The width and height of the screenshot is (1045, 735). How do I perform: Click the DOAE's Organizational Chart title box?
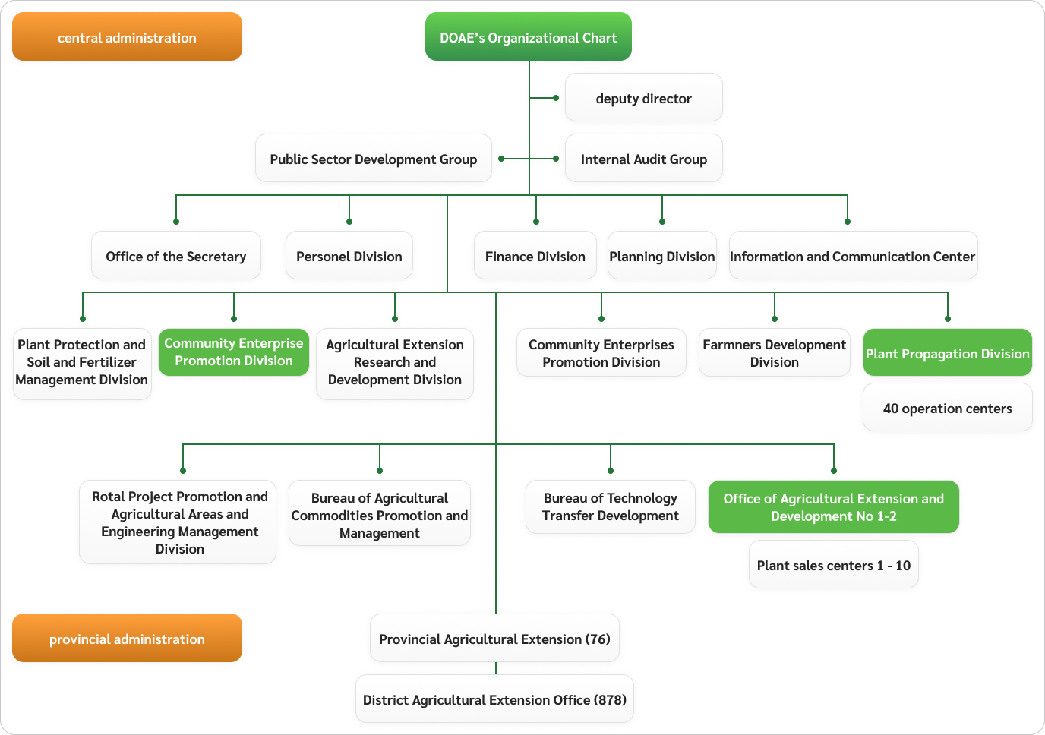tap(528, 37)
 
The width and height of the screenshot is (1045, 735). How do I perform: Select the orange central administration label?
tap(127, 37)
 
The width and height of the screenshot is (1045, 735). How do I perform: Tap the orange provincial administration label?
tap(127, 639)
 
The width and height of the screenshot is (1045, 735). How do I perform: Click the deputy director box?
tap(643, 98)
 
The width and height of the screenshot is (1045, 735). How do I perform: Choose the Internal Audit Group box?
tap(643, 159)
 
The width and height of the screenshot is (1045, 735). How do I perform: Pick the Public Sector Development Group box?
tap(373, 159)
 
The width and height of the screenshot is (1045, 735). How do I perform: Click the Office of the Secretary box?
tap(175, 256)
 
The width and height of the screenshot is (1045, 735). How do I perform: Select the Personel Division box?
tap(349, 256)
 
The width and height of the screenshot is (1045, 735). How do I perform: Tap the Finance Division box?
tap(535, 256)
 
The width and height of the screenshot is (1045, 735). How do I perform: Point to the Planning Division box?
tap(661, 256)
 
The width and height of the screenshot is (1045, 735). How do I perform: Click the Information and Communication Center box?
tap(852, 256)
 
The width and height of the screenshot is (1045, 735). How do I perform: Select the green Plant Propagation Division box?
tap(947, 353)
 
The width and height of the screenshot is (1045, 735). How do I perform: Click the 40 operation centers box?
tap(947, 408)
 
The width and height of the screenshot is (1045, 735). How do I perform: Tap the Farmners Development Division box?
tap(774, 353)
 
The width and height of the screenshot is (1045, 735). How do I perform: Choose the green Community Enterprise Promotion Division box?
tap(233, 352)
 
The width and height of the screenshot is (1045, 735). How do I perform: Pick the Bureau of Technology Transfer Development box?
tap(610, 506)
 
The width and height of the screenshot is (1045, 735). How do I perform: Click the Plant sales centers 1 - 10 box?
tap(833, 565)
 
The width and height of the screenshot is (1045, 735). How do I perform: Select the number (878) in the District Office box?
tap(610, 699)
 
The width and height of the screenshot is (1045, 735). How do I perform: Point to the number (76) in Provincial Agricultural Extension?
tap(598, 639)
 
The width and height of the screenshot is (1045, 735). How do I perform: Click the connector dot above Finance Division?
tap(536, 222)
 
